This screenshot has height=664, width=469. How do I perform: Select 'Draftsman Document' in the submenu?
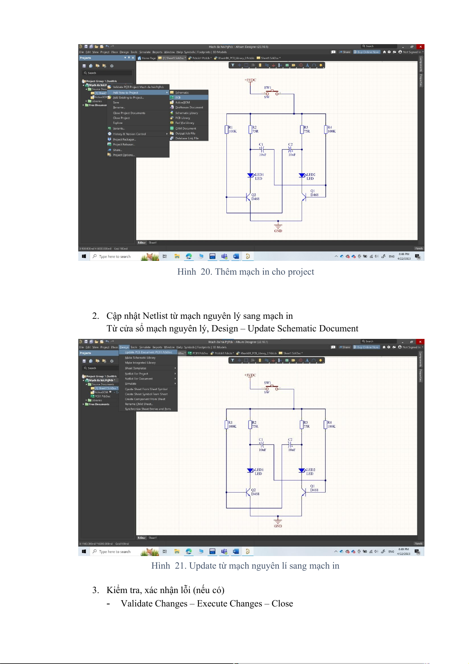click(x=189, y=107)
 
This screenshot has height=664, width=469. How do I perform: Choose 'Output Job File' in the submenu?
click(x=185, y=133)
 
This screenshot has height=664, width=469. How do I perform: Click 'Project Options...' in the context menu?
click(x=124, y=155)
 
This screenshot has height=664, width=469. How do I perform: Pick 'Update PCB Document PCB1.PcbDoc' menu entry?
click(x=148, y=352)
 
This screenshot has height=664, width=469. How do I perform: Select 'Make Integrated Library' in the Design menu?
click(x=140, y=363)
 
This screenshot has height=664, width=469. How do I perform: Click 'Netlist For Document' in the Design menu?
click(x=139, y=379)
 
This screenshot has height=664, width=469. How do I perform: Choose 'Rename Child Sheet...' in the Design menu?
click(x=139, y=404)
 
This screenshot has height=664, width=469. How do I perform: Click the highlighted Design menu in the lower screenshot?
click(x=124, y=347)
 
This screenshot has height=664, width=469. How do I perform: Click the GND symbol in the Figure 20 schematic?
click(x=278, y=228)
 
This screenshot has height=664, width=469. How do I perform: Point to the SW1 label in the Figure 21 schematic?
click(x=267, y=383)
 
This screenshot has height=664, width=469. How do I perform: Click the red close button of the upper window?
click(x=421, y=46)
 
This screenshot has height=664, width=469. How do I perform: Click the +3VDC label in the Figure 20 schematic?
click(x=250, y=80)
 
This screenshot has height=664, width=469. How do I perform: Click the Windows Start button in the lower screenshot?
click(x=84, y=552)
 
